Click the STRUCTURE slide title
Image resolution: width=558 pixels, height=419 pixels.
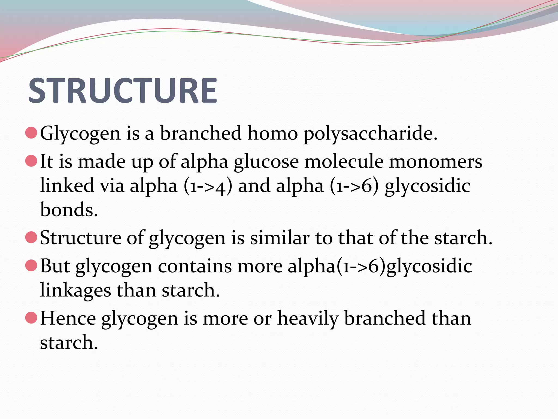coord(123,91)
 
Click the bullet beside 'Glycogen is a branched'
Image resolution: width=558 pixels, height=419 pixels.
coord(31,133)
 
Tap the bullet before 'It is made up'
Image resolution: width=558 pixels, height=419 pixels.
coord(31,161)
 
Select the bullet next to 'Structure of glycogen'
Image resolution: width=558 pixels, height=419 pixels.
coord(31,237)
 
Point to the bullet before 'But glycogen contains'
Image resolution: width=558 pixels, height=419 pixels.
coord(31,265)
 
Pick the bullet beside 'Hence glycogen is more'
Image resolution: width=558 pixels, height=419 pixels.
coord(31,318)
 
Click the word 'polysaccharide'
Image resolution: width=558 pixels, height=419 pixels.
coord(371,134)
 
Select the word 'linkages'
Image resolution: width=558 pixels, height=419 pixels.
coord(75,290)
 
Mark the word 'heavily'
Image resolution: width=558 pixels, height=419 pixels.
coord(308,319)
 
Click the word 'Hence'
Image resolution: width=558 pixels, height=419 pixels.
coord(68,318)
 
